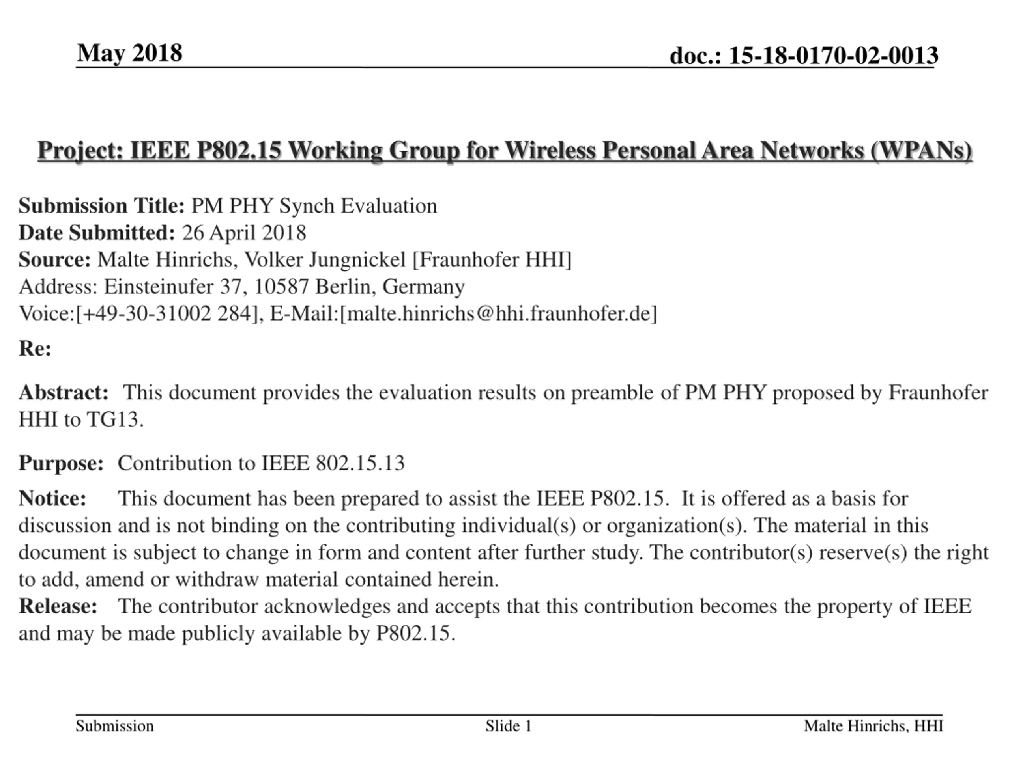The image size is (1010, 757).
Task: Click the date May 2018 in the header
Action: pyautogui.click(x=130, y=53)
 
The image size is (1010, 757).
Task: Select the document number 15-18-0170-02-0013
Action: pyautogui.click(x=833, y=56)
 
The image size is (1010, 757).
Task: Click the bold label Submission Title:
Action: pyautogui.click(x=101, y=206)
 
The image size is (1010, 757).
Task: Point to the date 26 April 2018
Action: pyautogui.click(x=244, y=233)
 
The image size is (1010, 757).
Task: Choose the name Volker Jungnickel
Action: pyautogui.click(x=325, y=260)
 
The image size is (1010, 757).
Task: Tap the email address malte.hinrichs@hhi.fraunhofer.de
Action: pyautogui.click(x=498, y=313)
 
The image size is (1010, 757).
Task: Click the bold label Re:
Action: pyautogui.click(x=35, y=349)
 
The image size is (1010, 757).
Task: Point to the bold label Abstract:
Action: pyautogui.click(x=64, y=392)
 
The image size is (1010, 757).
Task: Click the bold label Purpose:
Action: pyautogui.click(x=61, y=463)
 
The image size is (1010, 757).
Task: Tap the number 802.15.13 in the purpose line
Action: pyautogui.click(x=360, y=463)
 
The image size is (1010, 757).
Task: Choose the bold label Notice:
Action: pyautogui.click(x=52, y=498)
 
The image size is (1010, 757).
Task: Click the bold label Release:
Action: pyautogui.click(x=58, y=606)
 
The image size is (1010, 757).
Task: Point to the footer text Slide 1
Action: pyautogui.click(x=508, y=726)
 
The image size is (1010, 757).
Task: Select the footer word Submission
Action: pyautogui.click(x=114, y=726)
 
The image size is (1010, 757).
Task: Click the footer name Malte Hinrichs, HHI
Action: pyautogui.click(x=873, y=726)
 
